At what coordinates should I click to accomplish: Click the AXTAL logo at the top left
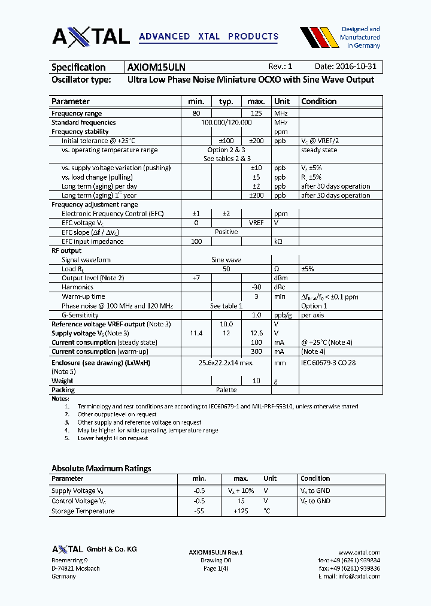90,37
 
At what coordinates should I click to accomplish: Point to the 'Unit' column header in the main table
282,101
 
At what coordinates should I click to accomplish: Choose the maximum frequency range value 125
256,113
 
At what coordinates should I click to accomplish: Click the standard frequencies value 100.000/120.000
226,122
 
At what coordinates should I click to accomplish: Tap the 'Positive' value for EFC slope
226,232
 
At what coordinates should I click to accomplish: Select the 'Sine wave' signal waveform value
226,260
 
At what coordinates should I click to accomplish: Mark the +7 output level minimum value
196,278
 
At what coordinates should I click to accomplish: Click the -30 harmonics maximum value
256,287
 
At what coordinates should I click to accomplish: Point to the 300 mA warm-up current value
256,352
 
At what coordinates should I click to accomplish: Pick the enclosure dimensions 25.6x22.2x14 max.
226,363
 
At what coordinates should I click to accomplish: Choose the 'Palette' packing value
226,390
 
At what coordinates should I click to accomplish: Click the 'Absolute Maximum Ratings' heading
101,468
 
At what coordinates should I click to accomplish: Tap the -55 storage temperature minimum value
199,511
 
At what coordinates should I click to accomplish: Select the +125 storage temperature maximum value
241,511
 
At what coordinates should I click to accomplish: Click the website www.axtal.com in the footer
359,552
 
